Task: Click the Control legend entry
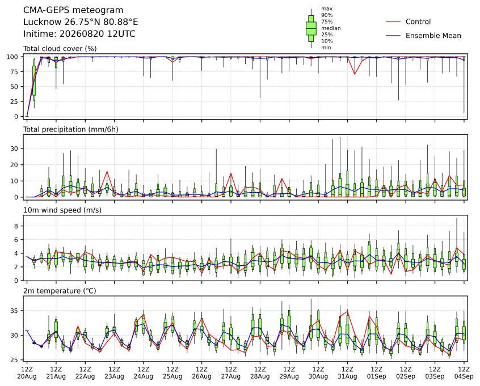[x=408, y=22]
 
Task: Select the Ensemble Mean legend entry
[x=423, y=36]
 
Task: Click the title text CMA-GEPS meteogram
[x=73, y=10]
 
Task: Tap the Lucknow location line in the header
[x=81, y=22]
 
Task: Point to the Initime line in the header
[x=79, y=33]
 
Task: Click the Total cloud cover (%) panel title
[x=60, y=49]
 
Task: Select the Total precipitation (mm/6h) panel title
[x=71, y=129]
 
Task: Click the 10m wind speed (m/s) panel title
[x=62, y=210]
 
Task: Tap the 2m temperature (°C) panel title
[x=60, y=291]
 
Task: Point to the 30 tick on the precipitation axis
[x=15, y=149]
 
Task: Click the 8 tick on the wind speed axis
[x=16, y=226]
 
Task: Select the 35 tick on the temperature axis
[x=15, y=311]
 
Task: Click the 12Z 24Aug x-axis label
[x=144, y=373]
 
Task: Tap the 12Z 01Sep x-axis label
[x=377, y=373]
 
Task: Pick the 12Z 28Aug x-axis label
[x=260, y=373]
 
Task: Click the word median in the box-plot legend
[x=331, y=28]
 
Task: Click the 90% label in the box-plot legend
[x=327, y=15]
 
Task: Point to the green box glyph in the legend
[x=311, y=28]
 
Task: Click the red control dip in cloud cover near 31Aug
[x=355, y=74]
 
